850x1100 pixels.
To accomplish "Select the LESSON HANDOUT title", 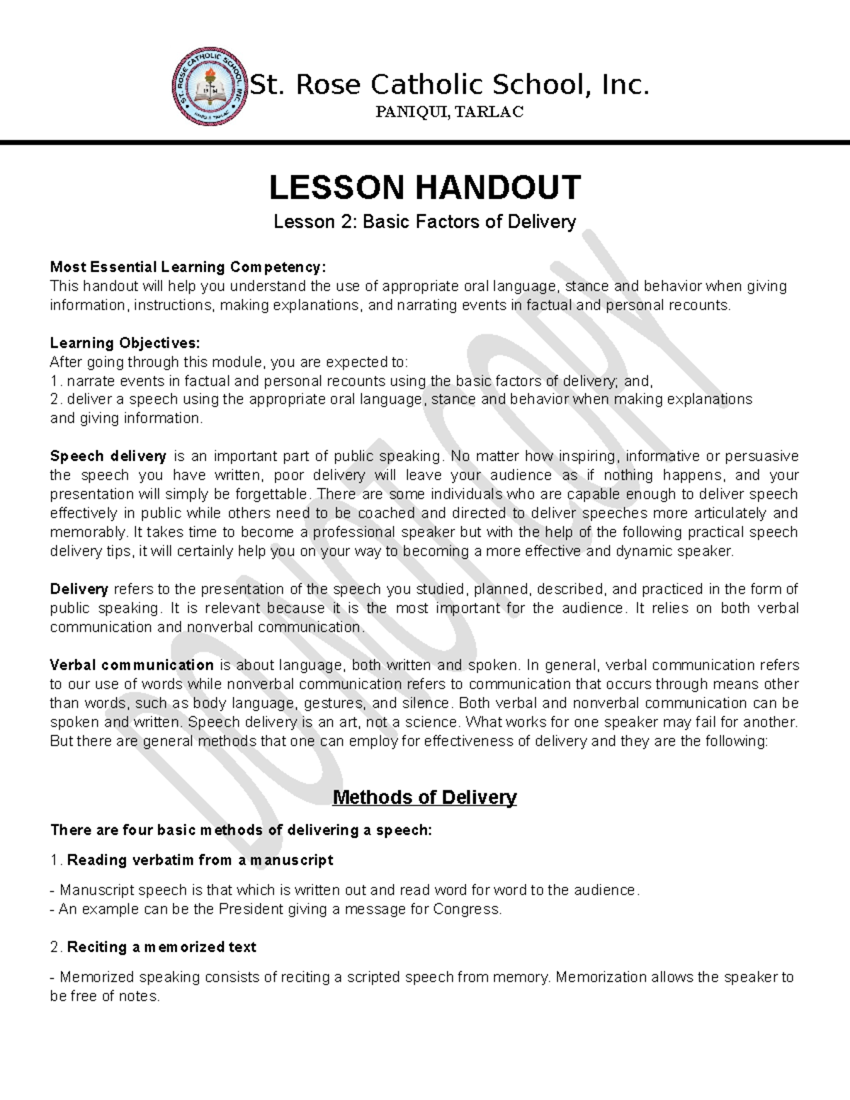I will tap(425, 188).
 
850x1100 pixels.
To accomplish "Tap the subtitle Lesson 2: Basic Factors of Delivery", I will tap(425, 222).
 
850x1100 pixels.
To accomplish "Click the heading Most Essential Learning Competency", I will tap(188, 267).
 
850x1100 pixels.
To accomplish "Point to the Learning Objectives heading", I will tap(125, 343).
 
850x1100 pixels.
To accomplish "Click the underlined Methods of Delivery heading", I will tap(424, 798).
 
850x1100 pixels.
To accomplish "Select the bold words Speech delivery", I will tap(108, 456).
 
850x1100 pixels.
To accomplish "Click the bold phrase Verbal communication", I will tap(132, 665).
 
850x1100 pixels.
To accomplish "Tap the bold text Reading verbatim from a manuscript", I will tap(200, 860).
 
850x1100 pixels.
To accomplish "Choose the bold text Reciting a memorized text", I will tap(161, 947).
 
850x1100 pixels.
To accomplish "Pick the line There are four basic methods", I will tap(240, 830).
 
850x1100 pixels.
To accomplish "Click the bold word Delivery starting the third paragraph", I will tap(79, 589).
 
